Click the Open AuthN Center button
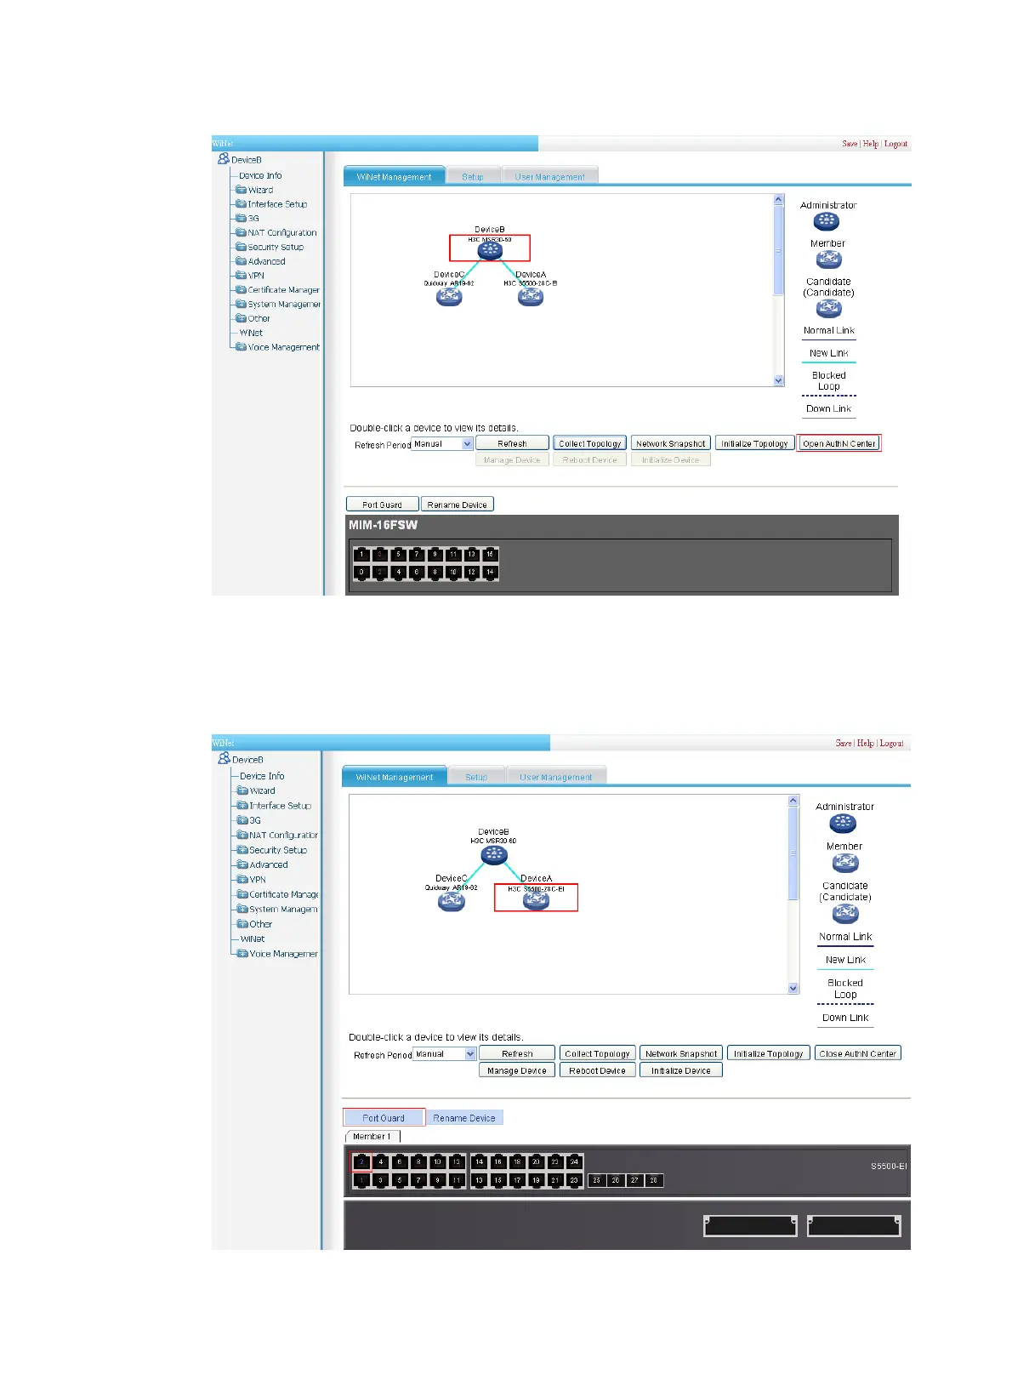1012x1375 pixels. tap(839, 443)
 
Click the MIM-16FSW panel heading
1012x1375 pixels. tap(383, 525)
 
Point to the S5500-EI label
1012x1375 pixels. tap(888, 1166)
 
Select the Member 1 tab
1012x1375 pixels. tap(372, 1137)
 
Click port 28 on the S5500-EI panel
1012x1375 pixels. tap(653, 1180)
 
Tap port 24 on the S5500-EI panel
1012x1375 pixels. tap(574, 1161)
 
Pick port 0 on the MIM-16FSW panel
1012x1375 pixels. tap(361, 573)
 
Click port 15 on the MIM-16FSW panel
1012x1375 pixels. tap(490, 555)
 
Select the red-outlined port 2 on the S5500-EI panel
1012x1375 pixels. tap(361, 1161)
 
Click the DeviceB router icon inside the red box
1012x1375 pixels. tap(490, 251)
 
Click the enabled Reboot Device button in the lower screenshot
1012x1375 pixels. tap(597, 1070)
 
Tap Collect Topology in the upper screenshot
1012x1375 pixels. tap(590, 443)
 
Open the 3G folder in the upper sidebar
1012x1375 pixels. tap(253, 219)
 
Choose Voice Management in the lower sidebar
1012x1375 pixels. tap(282, 954)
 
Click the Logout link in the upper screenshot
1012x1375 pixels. tap(895, 144)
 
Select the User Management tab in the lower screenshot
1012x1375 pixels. tap(555, 777)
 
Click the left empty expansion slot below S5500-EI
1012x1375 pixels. tap(749, 1225)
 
